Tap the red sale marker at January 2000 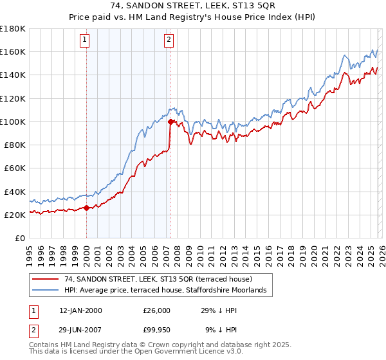coord(86,208)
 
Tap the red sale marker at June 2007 coord(170,122)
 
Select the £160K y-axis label coord(14,51)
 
